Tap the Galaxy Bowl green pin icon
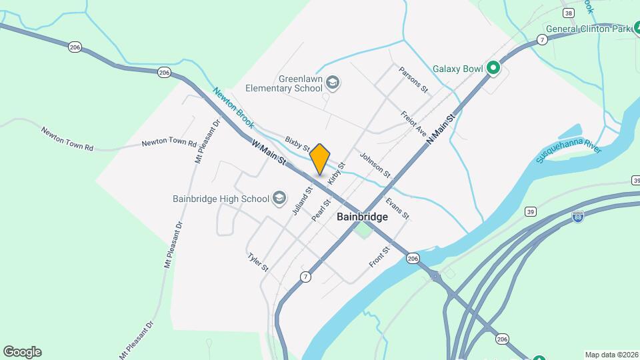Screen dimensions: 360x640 click(x=493, y=68)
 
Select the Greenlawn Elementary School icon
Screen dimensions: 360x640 click(x=334, y=83)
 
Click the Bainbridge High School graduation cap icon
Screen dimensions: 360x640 click(x=279, y=198)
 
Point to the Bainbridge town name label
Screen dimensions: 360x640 click(x=362, y=217)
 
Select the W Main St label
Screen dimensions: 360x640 click(x=269, y=152)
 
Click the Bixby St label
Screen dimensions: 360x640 click(x=297, y=143)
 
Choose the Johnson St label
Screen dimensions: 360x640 click(x=375, y=165)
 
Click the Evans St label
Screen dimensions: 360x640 click(x=397, y=207)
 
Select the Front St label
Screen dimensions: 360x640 click(x=379, y=257)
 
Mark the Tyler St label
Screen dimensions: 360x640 click(x=257, y=262)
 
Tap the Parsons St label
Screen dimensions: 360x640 click(x=413, y=79)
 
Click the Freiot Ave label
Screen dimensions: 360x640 click(x=413, y=124)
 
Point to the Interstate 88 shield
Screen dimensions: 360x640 click(x=577, y=217)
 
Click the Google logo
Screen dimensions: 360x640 click(x=22, y=352)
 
